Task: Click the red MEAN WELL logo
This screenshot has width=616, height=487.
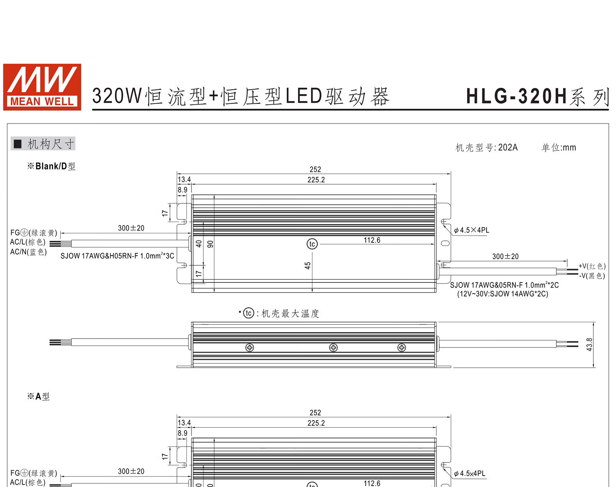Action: [x=42, y=87]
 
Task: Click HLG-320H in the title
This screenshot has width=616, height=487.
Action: [x=517, y=96]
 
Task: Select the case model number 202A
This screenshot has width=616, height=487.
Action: [x=508, y=147]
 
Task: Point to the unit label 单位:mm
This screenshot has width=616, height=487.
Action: [x=559, y=147]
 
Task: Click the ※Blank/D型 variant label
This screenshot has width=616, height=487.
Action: [x=51, y=166]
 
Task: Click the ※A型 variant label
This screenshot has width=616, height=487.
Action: [x=38, y=396]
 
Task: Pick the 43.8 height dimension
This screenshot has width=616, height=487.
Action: [x=589, y=344]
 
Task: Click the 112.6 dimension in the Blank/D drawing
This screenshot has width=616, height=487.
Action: [x=372, y=240]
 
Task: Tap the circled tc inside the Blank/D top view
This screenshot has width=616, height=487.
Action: [x=312, y=244]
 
